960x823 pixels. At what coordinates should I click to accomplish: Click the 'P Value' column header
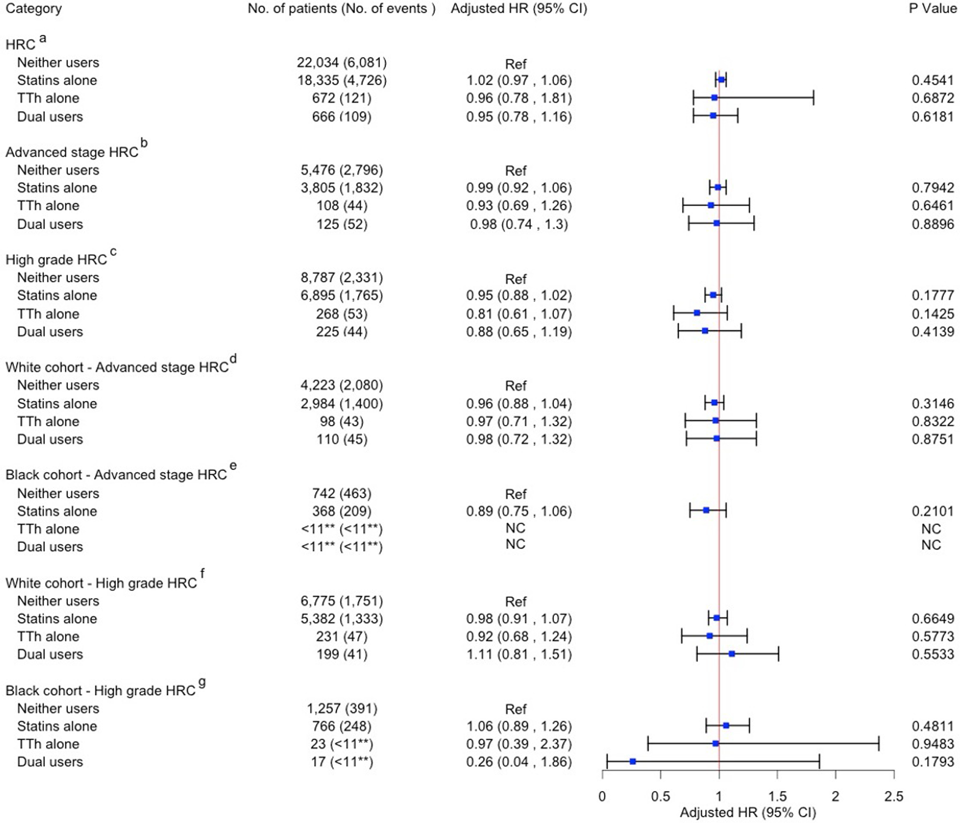tap(932, 8)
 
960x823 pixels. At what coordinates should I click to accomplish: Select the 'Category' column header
tap(33, 8)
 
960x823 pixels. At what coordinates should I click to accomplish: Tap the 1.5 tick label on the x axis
tap(777, 796)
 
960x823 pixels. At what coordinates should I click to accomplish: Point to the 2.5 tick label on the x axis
tap(893, 796)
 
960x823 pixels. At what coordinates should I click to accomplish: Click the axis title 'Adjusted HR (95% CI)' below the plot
tap(747, 813)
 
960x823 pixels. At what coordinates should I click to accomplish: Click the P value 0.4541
tap(932, 80)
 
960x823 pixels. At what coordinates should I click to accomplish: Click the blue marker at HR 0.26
tap(632, 761)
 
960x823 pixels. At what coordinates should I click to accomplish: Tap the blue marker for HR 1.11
tap(731, 653)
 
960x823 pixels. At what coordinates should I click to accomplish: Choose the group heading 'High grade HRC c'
tap(60, 259)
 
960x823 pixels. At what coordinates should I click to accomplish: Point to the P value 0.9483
tap(932, 744)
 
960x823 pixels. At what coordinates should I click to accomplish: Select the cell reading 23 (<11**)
tap(341, 744)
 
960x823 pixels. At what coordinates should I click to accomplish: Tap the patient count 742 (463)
tap(341, 493)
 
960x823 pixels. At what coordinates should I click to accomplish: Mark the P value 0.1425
tap(932, 314)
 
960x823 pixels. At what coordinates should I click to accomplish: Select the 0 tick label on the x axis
tap(602, 796)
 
